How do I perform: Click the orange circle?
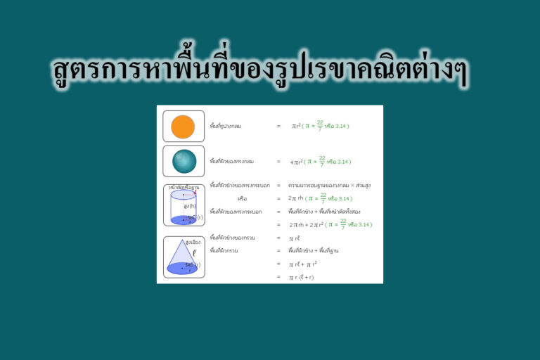tap(183, 127)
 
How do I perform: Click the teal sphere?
tap(184, 161)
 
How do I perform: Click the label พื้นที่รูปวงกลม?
tap(226, 127)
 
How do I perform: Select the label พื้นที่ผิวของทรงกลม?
tap(231, 162)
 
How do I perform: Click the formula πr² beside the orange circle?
tap(297, 126)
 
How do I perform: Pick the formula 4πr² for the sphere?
tap(296, 162)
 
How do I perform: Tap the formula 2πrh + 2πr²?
tap(306, 225)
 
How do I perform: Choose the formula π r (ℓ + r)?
tap(301, 278)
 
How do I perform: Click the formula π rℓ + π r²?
tap(302, 264)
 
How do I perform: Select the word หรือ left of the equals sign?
tap(242, 198)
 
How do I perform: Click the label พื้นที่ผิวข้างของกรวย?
tap(232, 238)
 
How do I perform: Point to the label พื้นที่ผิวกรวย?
tap(225, 250)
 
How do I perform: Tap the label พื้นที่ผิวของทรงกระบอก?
tap(236, 212)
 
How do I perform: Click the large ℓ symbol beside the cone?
tap(194, 252)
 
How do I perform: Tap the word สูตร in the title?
tap(79, 70)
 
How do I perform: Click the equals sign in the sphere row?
tap(278, 162)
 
